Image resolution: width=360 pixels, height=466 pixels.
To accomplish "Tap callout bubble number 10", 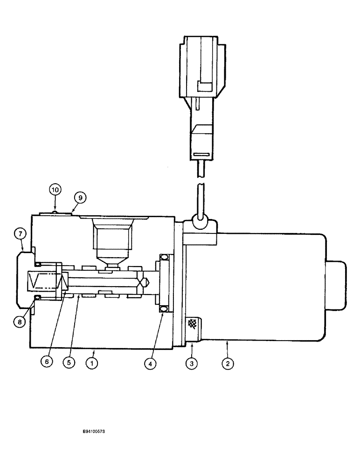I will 55,190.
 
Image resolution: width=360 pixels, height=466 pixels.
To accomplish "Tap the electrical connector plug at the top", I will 202,93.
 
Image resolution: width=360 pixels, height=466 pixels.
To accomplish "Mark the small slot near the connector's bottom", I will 201,155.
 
